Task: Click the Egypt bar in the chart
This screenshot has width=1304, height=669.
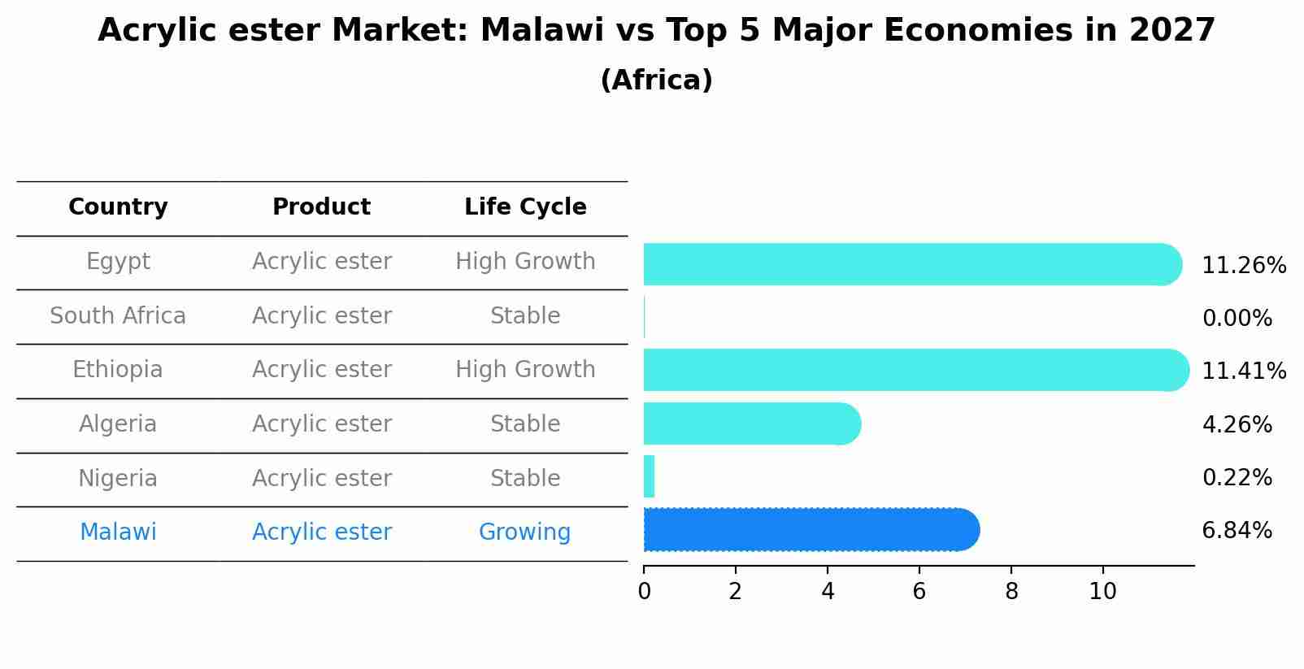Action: [x=913, y=264]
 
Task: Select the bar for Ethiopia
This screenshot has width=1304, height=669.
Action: [x=916, y=370]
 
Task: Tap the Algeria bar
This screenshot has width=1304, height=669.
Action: [x=752, y=424]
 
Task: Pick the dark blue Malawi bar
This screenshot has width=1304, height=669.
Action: [x=811, y=529]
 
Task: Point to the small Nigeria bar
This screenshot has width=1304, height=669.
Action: [x=649, y=476]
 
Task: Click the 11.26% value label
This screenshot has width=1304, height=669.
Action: [x=1244, y=266]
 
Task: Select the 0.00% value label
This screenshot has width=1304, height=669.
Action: [x=1237, y=318]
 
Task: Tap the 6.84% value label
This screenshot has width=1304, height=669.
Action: [x=1237, y=531]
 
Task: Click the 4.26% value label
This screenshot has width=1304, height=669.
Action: [x=1237, y=424]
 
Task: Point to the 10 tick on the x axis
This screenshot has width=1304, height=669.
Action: [x=1102, y=591]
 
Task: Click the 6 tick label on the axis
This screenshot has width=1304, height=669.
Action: [x=919, y=591]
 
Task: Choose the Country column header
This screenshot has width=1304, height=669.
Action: [x=118, y=206]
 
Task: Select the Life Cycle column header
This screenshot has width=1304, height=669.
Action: [x=525, y=206]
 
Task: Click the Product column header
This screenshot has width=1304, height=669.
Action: [x=321, y=206]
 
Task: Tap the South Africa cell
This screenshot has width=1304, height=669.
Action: [x=118, y=315]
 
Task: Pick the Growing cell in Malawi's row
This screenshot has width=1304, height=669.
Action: [x=524, y=532]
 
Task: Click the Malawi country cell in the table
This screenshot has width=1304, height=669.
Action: [x=118, y=532]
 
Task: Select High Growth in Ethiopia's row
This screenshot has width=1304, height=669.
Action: [x=525, y=369]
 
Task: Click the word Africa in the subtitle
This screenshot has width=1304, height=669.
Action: [x=657, y=80]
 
